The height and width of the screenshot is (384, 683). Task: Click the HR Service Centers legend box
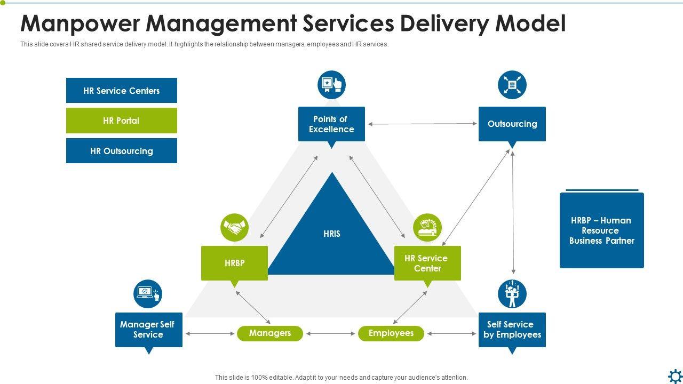click(121, 90)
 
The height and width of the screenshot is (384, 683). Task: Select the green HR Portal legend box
click(121, 121)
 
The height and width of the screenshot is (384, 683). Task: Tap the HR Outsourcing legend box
click(121, 150)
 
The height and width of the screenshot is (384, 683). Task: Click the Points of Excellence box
click(331, 124)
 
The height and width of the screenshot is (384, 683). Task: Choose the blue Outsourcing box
click(512, 124)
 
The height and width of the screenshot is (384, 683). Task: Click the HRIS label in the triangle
click(332, 234)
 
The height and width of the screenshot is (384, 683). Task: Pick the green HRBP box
click(234, 263)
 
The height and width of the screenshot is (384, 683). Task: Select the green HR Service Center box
click(427, 263)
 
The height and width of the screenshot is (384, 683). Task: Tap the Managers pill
click(270, 333)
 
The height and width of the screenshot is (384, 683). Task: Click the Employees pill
click(391, 333)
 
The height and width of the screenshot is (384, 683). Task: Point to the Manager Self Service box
click(149, 330)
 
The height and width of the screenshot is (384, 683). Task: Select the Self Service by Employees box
click(512, 330)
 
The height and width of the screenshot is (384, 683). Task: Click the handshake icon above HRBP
click(234, 227)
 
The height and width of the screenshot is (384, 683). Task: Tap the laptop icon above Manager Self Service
click(148, 294)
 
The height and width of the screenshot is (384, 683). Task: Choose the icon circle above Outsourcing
click(512, 85)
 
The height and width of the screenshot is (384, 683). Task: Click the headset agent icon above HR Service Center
click(427, 227)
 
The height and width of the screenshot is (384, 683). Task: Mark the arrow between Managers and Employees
click(330, 334)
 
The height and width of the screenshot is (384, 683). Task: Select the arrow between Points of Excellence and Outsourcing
click(422, 124)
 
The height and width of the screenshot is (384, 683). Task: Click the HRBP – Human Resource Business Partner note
click(602, 230)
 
